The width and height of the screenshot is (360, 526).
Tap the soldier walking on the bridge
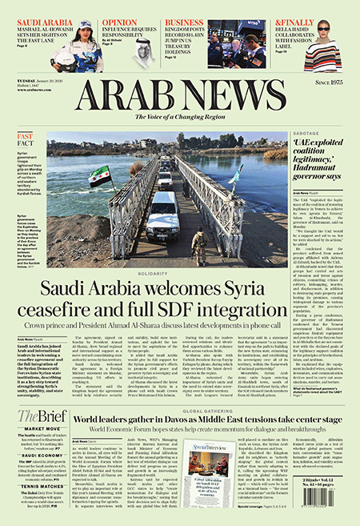pos(199,243)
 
